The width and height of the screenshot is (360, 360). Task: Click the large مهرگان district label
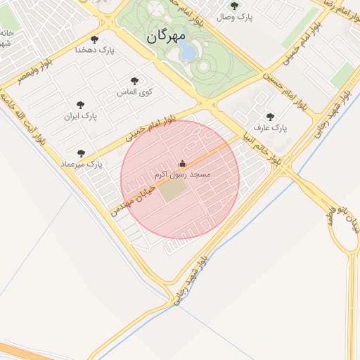point(167,36)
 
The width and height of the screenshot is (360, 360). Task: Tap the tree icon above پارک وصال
point(234,6)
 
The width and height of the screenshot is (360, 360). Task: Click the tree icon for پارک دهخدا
point(94,39)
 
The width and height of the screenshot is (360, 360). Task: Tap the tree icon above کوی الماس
point(134,81)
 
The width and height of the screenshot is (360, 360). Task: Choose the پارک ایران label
point(79,115)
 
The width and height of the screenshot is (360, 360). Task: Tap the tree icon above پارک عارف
point(270,117)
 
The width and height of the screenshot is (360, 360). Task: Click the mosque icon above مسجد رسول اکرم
point(183,162)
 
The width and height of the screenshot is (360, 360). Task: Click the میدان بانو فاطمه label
point(342,221)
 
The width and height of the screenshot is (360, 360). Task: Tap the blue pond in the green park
point(187,51)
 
